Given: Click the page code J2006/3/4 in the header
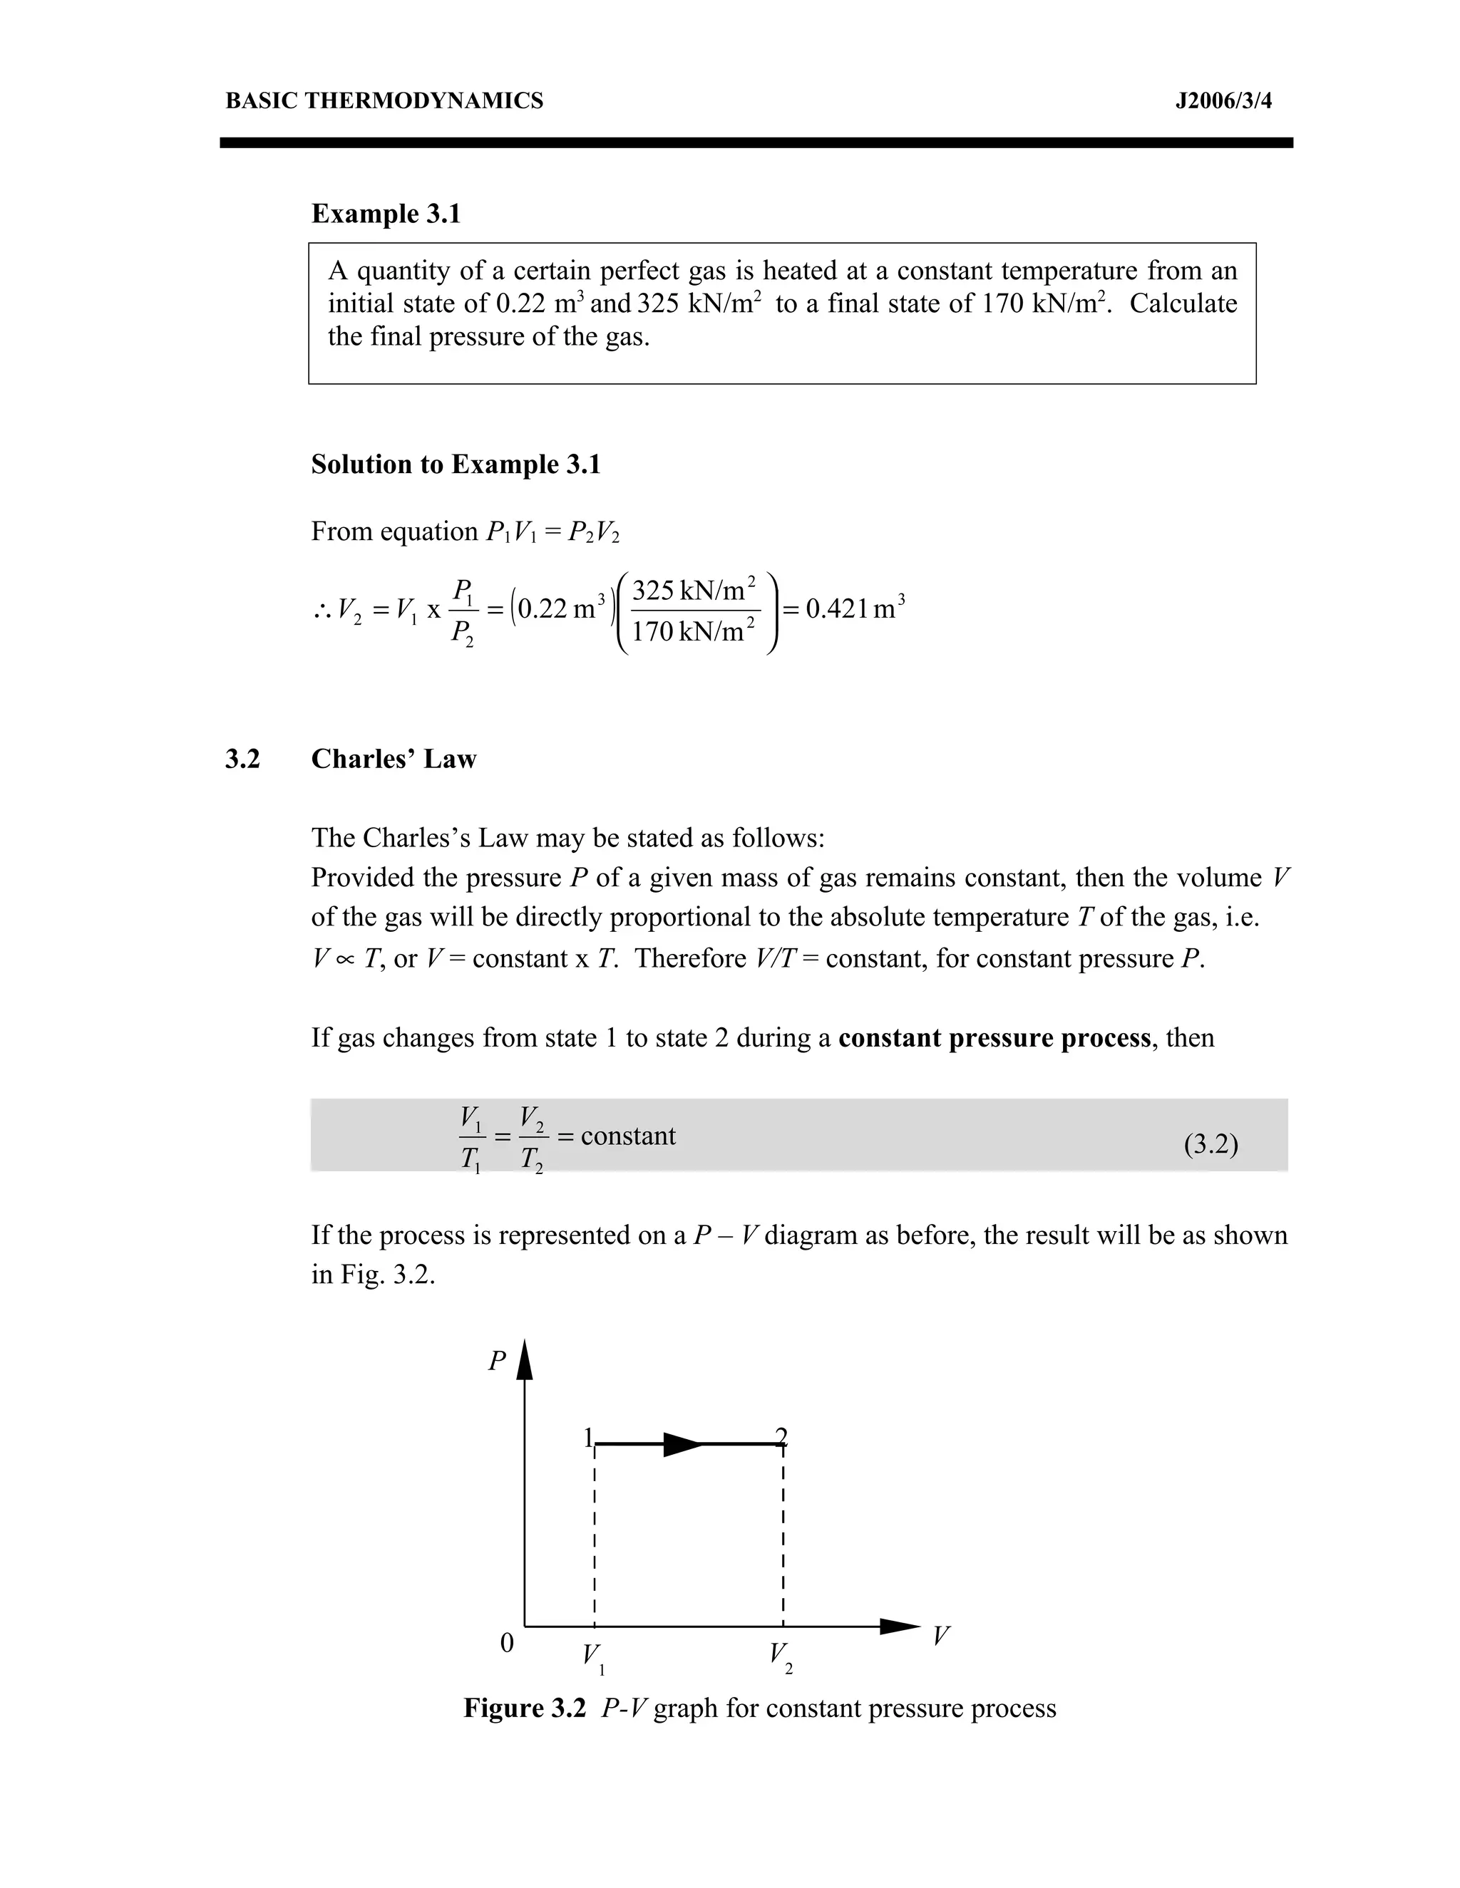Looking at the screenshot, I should (x=1223, y=101).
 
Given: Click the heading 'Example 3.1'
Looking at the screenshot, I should (x=386, y=214).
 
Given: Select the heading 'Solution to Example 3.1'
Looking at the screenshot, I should (x=455, y=465).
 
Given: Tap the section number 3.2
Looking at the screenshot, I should (x=242, y=759).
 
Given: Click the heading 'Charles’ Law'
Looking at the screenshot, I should (x=394, y=759).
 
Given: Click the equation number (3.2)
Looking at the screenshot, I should (x=1210, y=1145).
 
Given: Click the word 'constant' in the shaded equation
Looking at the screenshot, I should (x=628, y=1135).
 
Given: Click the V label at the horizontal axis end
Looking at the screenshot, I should (x=941, y=1636).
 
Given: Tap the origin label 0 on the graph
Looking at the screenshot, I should (x=508, y=1642).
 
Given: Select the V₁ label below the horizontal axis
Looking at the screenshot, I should (x=593, y=1657).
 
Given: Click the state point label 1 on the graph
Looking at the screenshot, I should (x=588, y=1438).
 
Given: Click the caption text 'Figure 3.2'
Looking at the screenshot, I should (x=524, y=1708).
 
